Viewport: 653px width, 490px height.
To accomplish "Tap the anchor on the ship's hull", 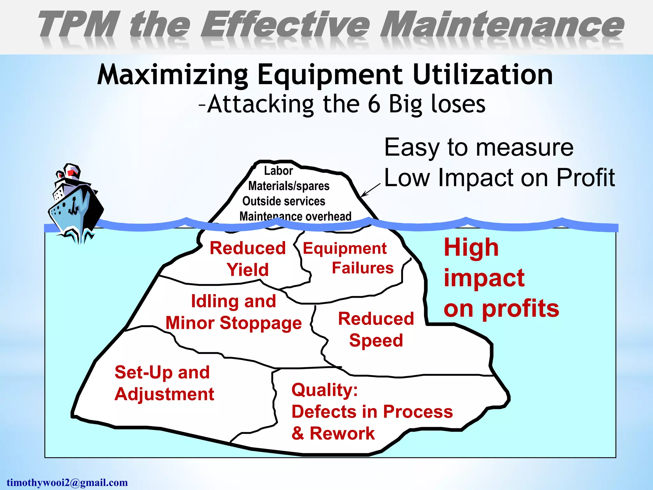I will (x=74, y=206).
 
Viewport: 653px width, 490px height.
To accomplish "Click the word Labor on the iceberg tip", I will (x=278, y=171).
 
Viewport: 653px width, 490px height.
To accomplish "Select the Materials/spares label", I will (x=289, y=186).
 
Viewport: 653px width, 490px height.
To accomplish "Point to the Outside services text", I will (x=284, y=201).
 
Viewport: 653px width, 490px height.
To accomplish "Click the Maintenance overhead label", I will (x=295, y=216).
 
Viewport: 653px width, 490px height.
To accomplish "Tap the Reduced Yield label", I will (x=248, y=259).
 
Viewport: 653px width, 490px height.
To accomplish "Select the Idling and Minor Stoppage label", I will (x=233, y=312).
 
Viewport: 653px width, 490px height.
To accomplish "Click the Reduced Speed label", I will (x=376, y=329).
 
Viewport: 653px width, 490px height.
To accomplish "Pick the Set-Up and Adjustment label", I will (x=164, y=383).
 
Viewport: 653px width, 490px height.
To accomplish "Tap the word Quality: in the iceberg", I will (x=325, y=390).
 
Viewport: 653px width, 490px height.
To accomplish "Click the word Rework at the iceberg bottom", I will (x=342, y=433).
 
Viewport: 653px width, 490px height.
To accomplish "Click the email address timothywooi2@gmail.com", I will (x=67, y=482).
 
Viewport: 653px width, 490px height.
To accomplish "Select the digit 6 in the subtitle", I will (x=374, y=104).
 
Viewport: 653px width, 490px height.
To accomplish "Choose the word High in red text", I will (x=471, y=248).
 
